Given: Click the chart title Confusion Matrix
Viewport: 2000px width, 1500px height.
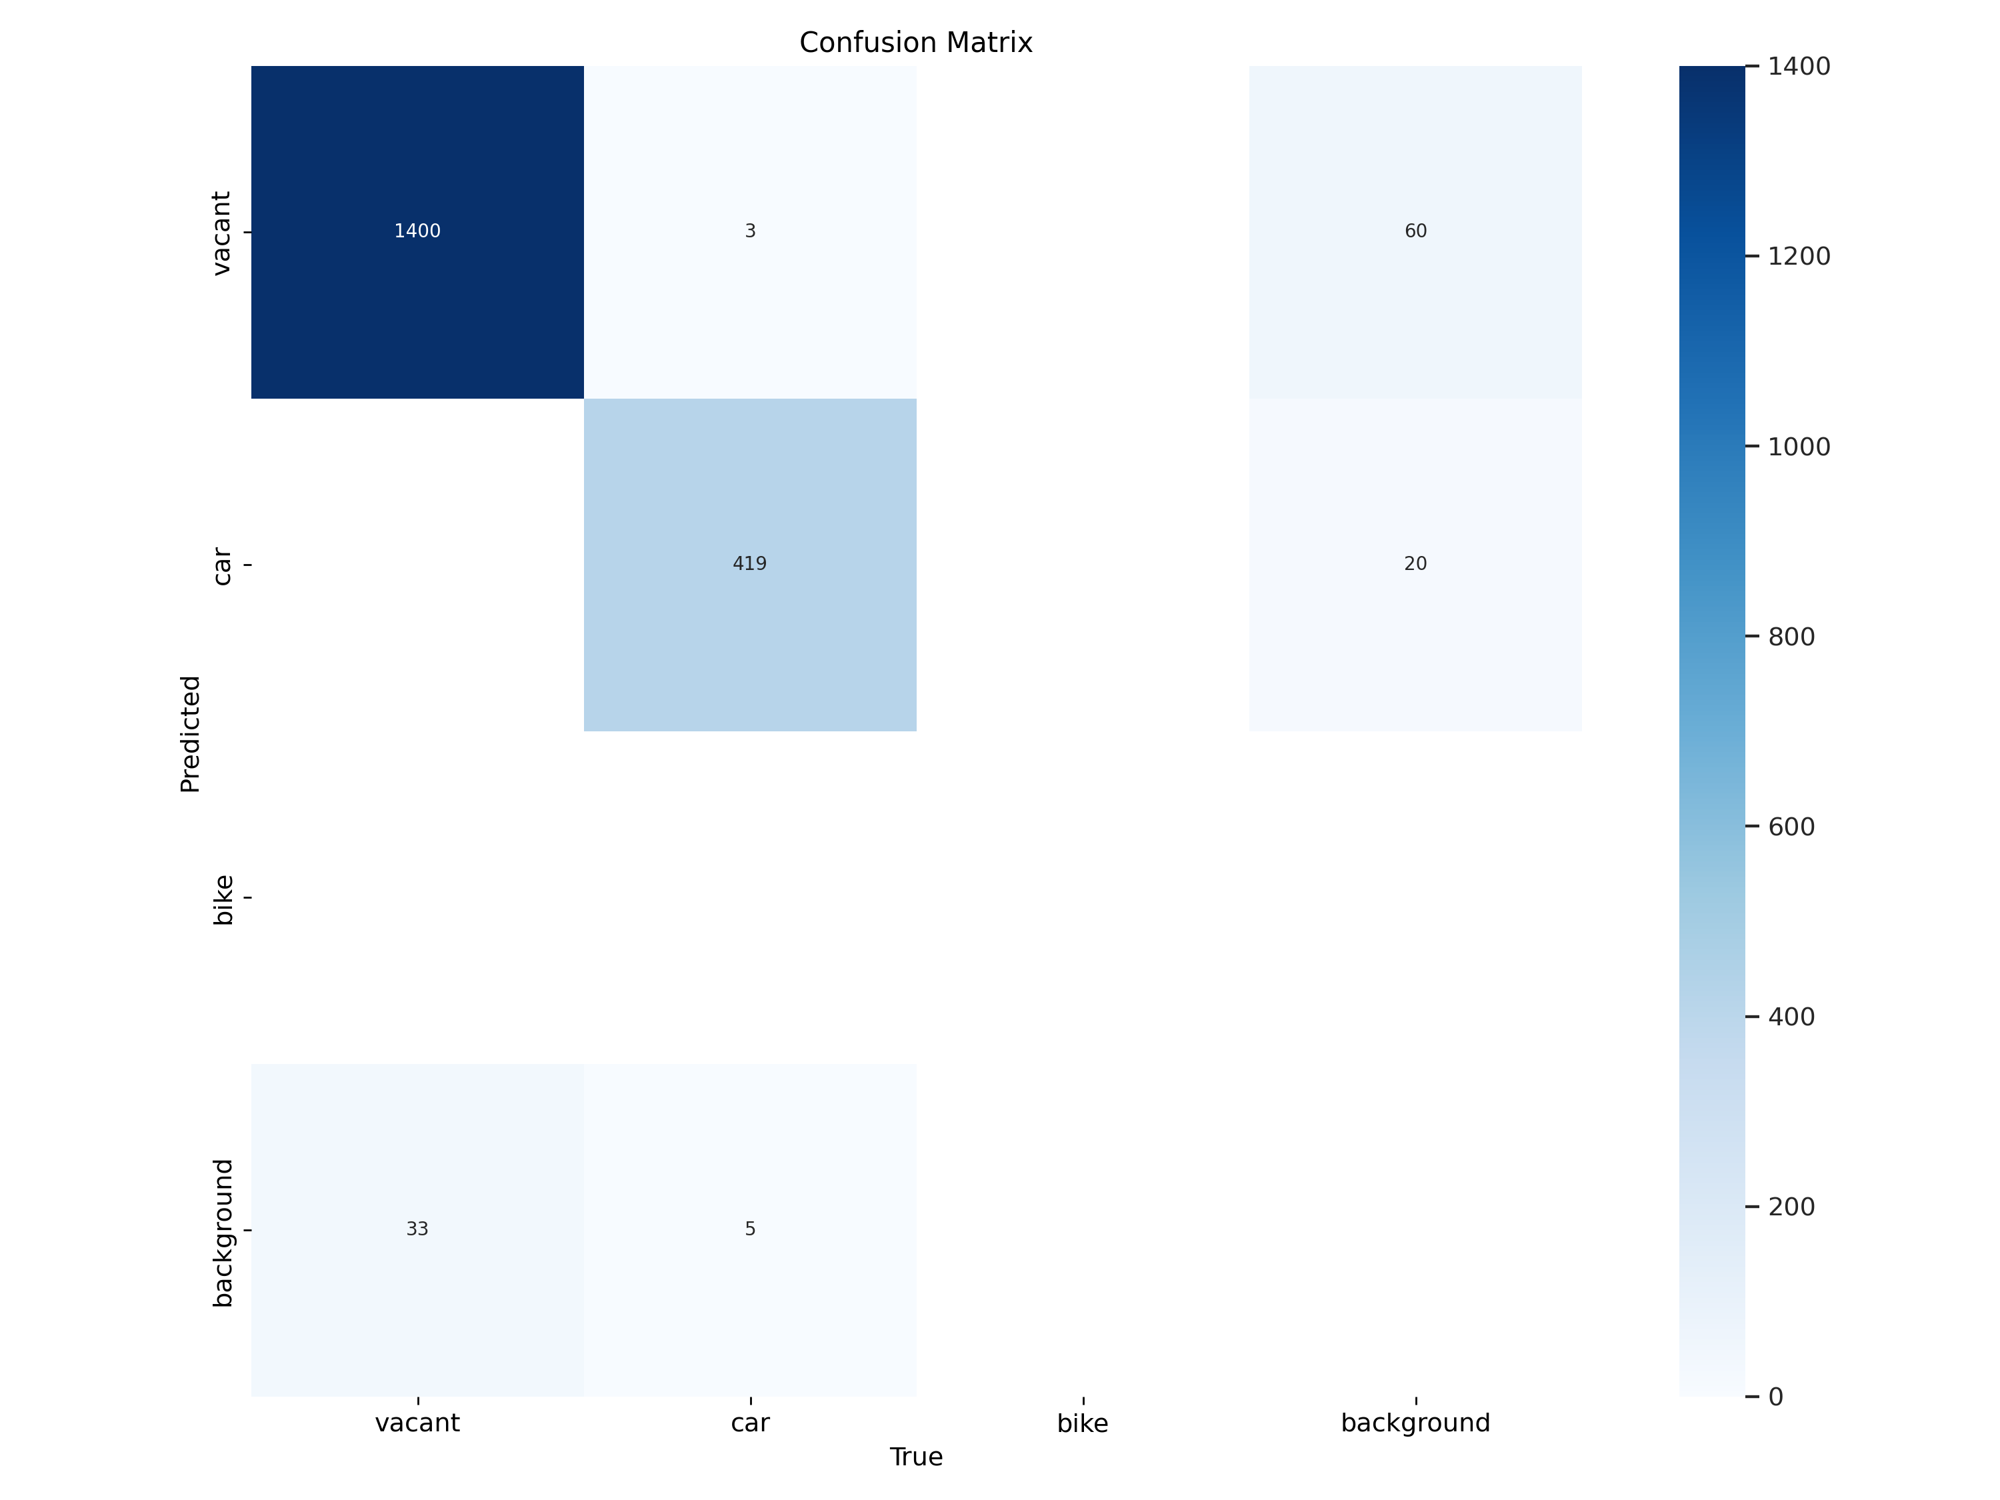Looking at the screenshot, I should point(915,43).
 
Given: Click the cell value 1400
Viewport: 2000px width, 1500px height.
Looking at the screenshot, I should point(417,231).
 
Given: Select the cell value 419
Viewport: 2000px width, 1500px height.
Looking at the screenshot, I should point(749,564).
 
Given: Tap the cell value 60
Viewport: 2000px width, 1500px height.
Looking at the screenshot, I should point(1415,231).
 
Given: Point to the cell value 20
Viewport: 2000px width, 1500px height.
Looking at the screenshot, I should point(1415,564).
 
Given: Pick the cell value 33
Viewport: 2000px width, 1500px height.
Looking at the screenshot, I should point(417,1229).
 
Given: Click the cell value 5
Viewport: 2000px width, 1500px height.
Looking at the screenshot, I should point(749,1229).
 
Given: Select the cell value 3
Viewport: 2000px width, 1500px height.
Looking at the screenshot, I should point(749,231).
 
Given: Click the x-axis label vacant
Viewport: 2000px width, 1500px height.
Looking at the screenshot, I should point(417,1423).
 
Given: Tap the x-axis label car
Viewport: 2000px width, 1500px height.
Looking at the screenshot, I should point(749,1423).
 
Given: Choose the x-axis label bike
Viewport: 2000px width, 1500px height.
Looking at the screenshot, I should point(1082,1423).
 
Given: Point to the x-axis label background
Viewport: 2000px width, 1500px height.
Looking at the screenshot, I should point(1415,1423).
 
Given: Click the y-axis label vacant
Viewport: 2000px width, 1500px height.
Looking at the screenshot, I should point(221,233).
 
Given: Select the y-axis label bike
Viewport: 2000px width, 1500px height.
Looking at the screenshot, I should point(221,899).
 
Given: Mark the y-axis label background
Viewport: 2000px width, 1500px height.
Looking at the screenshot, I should point(221,1233).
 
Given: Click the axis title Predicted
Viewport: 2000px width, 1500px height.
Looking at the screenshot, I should point(190,733).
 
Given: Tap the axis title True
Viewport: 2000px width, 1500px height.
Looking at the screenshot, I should point(915,1457).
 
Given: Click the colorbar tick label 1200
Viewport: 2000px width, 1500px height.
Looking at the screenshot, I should point(1799,257).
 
